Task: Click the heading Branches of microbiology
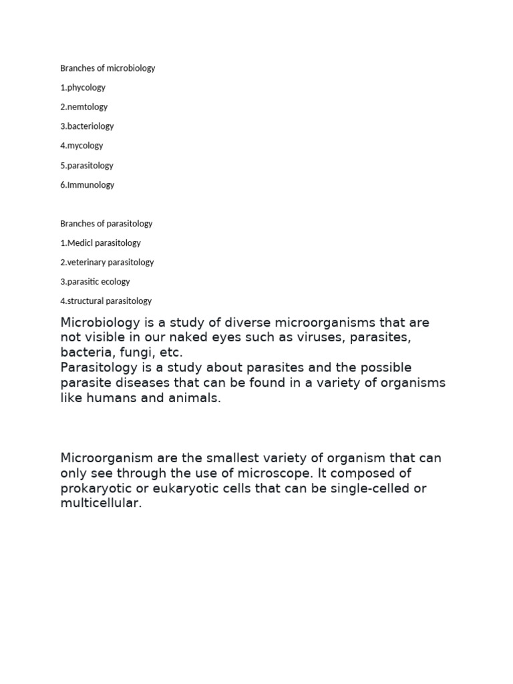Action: click(108, 68)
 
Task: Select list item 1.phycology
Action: click(83, 88)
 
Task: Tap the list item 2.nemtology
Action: click(83, 107)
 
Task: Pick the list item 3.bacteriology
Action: click(87, 126)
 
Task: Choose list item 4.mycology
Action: click(81, 146)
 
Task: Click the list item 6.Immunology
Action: click(87, 185)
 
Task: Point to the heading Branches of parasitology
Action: click(106, 224)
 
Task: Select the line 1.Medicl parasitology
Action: click(100, 243)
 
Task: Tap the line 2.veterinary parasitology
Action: click(107, 263)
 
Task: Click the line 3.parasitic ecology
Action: click(95, 282)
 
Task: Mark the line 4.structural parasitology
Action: click(106, 301)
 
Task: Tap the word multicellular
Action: click(101, 504)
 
